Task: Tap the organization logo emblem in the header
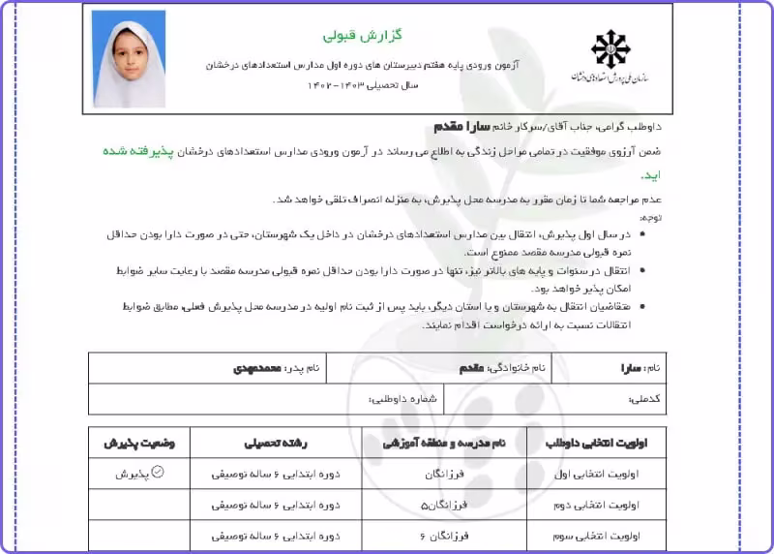tap(610, 48)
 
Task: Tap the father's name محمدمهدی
tap(256, 368)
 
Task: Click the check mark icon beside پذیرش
tap(159, 474)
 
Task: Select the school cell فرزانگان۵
tap(445, 505)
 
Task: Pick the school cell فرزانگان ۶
tap(445, 535)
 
